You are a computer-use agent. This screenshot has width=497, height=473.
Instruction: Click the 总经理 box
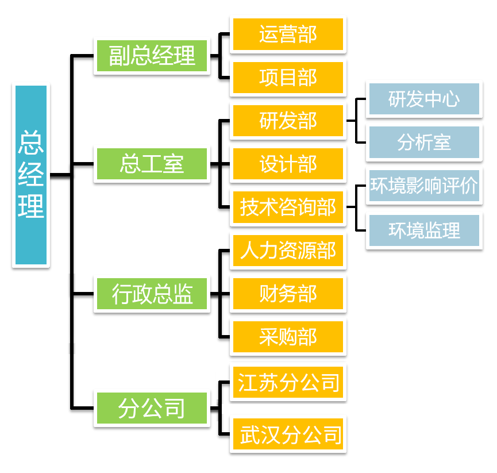(31, 175)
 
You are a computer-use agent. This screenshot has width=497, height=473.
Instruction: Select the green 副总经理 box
(152, 56)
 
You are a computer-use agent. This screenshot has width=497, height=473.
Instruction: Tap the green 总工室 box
(152, 164)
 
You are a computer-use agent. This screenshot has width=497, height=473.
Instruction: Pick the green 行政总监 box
(152, 295)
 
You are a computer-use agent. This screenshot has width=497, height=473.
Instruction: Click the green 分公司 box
(152, 408)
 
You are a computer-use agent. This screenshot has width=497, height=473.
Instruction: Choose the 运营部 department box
(288, 34)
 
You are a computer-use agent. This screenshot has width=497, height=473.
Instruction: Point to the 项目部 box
(288, 78)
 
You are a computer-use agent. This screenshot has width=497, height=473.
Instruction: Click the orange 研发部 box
(288, 121)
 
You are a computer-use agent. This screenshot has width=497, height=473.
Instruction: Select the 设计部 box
(288, 164)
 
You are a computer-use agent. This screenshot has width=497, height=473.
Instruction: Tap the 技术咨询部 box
(288, 207)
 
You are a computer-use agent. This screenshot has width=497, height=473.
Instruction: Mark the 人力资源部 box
(288, 251)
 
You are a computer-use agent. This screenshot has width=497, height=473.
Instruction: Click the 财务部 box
(288, 294)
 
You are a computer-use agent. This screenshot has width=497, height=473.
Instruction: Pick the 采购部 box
(288, 337)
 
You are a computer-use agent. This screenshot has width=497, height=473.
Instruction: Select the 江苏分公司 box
(288, 382)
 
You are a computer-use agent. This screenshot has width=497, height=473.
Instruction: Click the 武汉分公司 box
(290, 433)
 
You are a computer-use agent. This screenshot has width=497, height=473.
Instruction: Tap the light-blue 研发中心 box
(424, 99)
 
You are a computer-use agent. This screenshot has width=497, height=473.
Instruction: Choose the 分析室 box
(424, 143)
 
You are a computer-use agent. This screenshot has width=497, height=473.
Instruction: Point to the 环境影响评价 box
(424, 186)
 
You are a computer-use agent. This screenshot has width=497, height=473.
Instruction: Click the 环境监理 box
(424, 230)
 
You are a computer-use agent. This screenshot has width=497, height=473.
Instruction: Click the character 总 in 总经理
(31, 142)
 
